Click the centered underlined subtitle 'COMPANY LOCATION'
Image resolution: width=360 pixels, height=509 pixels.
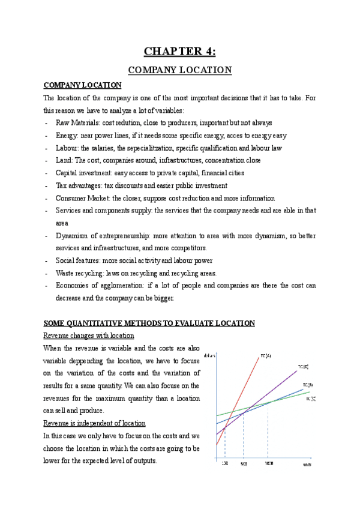pos(180,70)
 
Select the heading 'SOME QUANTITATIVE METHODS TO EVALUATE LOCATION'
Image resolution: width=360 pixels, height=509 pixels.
pos(149,323)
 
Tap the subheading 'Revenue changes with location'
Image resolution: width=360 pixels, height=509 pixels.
pos(89,335)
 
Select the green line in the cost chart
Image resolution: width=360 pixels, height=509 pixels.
pos(240,411)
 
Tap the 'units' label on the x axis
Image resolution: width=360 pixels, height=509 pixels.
pos(306,465)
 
